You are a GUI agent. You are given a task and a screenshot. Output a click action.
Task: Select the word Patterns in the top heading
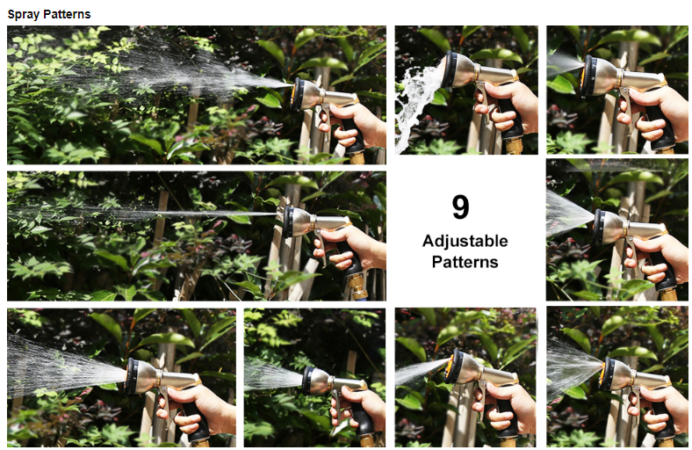coord(65,14)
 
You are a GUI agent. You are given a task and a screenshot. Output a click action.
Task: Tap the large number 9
coord(460,207)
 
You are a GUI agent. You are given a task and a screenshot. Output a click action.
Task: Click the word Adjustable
coord(465,241)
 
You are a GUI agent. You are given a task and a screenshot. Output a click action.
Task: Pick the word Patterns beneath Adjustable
coord(465,262)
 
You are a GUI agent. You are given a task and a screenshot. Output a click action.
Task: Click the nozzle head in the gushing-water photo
coord(459,70)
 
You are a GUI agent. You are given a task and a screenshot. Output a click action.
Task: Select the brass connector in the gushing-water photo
coord(514,146)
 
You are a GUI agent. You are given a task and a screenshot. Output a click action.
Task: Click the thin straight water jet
coord(146,214)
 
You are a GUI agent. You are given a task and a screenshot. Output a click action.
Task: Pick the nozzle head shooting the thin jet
coord(299,221)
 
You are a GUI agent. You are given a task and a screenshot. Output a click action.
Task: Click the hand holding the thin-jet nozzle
coord(349,247)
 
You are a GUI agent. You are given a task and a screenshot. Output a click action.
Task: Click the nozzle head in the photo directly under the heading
coord(306,94)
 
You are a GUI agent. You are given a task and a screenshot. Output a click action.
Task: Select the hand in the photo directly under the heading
coord(353,125)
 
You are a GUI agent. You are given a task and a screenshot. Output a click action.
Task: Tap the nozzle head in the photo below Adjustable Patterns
coord(461,367)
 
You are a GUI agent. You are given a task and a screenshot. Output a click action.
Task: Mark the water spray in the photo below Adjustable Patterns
coord(421,372)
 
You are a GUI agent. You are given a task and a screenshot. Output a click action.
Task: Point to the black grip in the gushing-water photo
coord(512,120)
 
